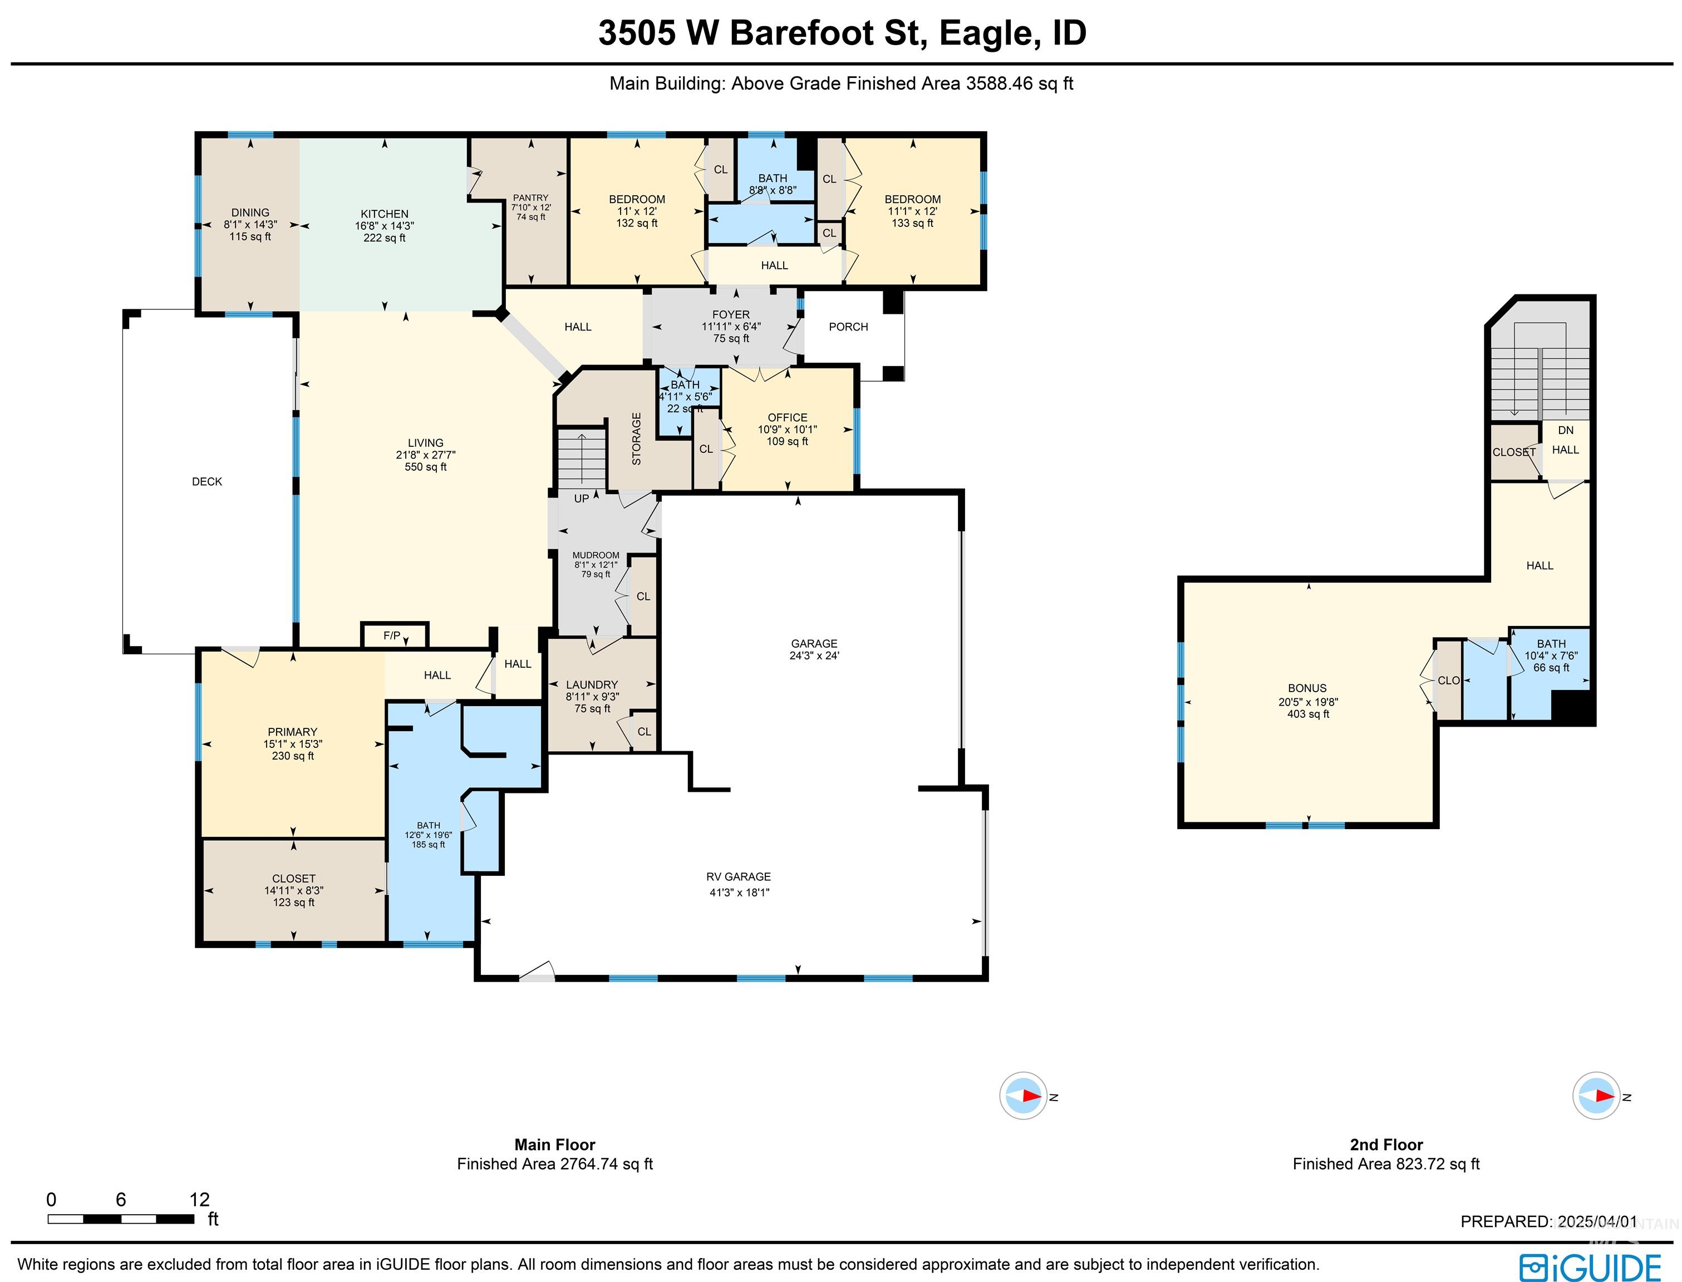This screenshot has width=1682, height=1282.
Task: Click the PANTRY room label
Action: click(x=530, y=198)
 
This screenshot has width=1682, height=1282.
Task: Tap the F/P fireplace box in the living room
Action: click(x=392, y=635)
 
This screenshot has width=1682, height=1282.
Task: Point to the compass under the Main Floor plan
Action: click(x=1022, y=1096)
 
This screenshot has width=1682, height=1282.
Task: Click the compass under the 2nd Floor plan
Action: click(x=1596, y=1096)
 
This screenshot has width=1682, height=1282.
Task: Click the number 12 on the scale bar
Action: click(x=199, y=1199)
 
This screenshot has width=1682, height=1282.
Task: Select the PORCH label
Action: click(x=848, y=327)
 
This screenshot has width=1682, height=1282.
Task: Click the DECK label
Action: click(x=207, y=481)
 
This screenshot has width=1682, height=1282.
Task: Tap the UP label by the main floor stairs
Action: click(x=582, y=499)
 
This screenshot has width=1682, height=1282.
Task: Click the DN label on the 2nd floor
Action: click(x=1565, y=430)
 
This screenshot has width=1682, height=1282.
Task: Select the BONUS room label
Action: click(x=1307, y=688)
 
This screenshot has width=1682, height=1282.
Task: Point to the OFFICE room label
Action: click(x=787, y=417)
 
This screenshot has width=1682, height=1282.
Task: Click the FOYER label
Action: click(x=730, y=314)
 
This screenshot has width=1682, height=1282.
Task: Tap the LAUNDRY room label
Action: click(x=592, y=684)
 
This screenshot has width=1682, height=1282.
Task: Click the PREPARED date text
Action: click(x=1548, y=1222)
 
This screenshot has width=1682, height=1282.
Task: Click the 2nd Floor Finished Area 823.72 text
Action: click(x=1385, y=1163)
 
